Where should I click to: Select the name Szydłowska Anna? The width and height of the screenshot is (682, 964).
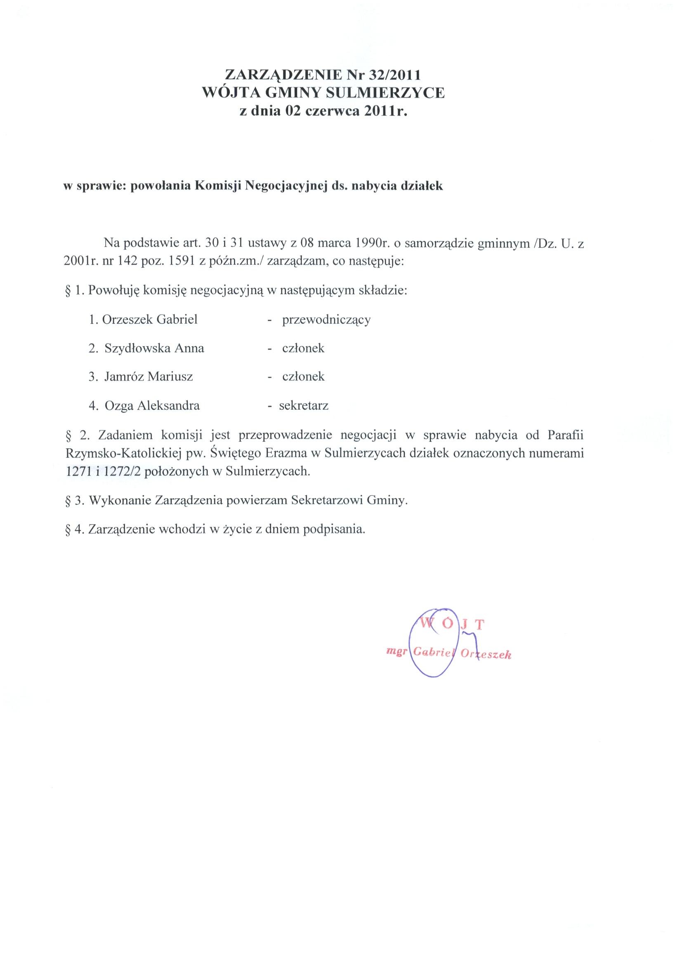[154, 348]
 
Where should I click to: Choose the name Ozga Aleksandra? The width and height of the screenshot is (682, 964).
[152, 406]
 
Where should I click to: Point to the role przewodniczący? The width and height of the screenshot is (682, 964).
[326, 320]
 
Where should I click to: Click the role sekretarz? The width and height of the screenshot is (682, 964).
[304, 406]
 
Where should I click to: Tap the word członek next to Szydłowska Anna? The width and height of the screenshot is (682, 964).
[303, 348]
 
